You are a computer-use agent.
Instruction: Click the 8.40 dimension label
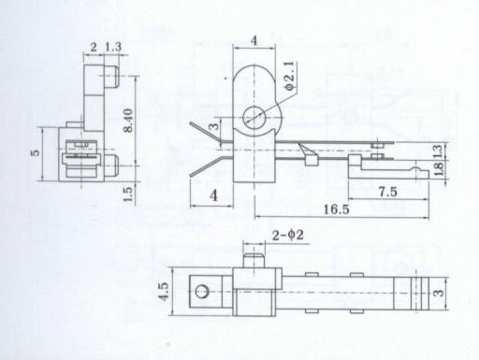(128, 121)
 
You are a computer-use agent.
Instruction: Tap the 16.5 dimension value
(336, 209)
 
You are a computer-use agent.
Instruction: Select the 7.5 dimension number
(387, 192)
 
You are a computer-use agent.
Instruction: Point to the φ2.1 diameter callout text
(289, 76)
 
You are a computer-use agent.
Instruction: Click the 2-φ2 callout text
(287, 235)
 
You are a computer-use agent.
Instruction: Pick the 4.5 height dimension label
(164, 292)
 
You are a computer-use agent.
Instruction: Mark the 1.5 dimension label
(128, 194)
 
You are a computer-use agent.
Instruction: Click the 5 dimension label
(36, 152)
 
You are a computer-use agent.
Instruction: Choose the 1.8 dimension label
(438, 168)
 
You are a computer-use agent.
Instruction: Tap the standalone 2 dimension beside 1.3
(94, 48)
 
